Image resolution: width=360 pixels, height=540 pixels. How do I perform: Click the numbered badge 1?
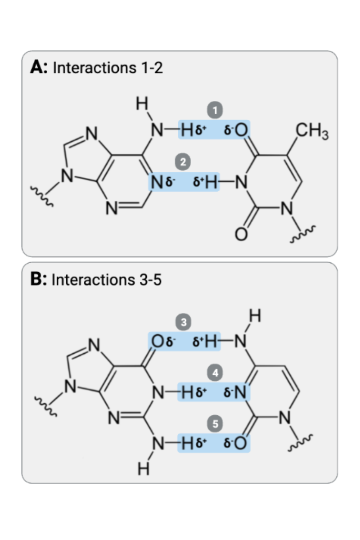216,110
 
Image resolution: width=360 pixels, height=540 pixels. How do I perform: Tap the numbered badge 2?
183,162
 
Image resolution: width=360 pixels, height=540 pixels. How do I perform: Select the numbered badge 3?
183,322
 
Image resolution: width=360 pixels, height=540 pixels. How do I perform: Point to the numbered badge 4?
216,373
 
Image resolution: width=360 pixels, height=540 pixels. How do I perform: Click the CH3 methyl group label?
312,134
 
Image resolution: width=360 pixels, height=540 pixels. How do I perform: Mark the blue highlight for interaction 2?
184,182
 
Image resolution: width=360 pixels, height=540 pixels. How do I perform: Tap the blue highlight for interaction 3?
184,342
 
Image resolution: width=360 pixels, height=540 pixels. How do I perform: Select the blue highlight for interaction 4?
214,393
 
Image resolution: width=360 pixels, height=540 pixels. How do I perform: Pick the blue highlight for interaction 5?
214,444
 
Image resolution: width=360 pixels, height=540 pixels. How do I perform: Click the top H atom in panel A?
142,104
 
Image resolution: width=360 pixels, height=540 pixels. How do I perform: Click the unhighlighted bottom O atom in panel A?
241,234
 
